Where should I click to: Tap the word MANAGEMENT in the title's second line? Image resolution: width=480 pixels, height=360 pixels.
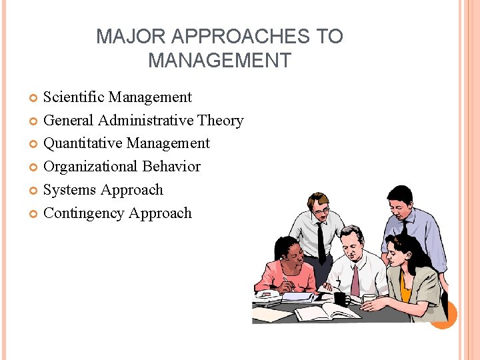tap(219, 61)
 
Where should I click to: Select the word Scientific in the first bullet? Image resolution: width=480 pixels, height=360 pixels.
tap(73, 97)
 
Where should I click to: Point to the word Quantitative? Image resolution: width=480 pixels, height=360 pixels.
tap(83, 143)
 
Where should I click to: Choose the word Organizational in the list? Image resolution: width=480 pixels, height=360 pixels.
tap(88, 167)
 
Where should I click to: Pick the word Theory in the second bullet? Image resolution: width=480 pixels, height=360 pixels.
tap(222, 121)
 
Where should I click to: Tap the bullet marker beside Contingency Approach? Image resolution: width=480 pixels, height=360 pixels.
tap(34, 214)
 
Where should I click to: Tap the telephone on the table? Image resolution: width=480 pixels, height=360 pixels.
tap(267, 297)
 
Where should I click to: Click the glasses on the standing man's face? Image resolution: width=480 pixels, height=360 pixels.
tap(321, 211)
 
